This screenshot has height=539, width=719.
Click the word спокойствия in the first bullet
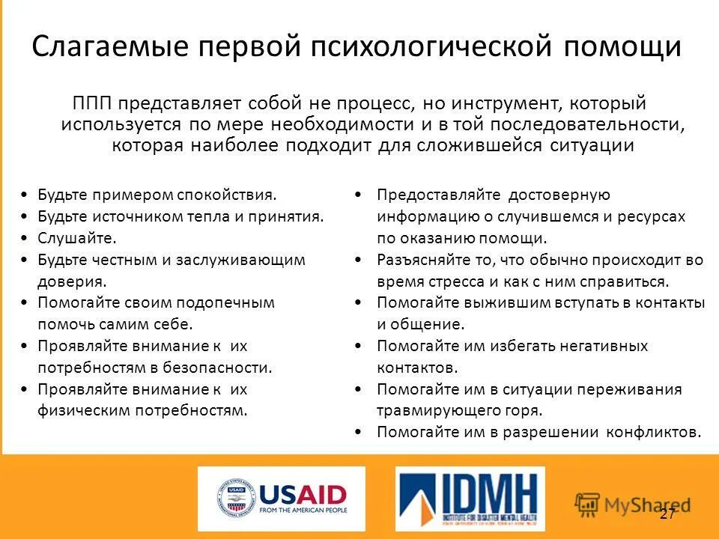tap(226, 195)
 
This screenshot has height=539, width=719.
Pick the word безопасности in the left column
tap(222, 368)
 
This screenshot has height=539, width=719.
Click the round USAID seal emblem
tap(236, 499)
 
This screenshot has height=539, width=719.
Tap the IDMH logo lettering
tap(487, 494)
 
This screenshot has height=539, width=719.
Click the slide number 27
tap(667, 514)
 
